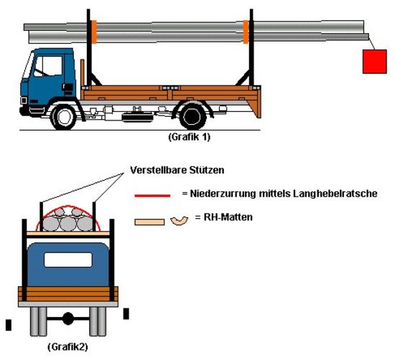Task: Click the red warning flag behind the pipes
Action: click(x=375, y=62)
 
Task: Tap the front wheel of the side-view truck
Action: click(x=64, y=117)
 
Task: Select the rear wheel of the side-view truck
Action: click(x=192, y=117)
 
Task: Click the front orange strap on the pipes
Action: click(x=93, y=32)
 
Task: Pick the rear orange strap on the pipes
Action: click(x=246, y=32)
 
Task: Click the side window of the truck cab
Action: click(x=48, y=66)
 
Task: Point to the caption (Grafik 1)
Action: click(x=189, y=137)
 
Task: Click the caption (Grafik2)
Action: click(x=68, y=347)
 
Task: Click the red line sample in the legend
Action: click(x=152, y=196)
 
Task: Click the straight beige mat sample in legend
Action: click(x=149, y=222)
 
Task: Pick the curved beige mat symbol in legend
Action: click(x=179, y=221)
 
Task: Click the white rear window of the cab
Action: click(x=68, y=260)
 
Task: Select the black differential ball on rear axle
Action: click(x=68, y=318)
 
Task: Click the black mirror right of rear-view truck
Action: click(x=126, y=314)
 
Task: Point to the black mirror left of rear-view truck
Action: click(x=9, y=325)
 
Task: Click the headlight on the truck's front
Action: click(x=24, y=100)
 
